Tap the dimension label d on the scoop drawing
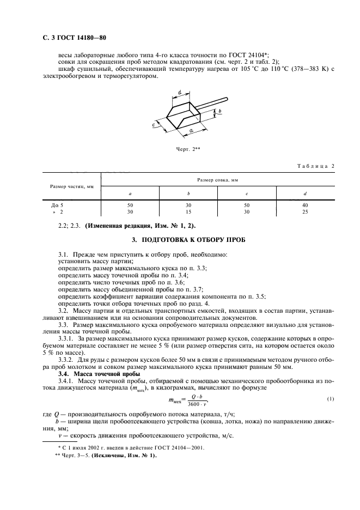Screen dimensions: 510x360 click(179, 93)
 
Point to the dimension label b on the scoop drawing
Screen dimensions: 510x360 click(220, 111)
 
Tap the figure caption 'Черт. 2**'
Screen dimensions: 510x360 click(187, 148)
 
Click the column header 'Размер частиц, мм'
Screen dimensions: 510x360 click(72, 186)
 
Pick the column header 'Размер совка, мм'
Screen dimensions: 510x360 click(218, 179)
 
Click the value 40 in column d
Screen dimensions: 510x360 click(304, 205)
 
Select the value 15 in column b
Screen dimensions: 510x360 click(188, 211)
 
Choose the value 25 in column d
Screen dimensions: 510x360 click(304, 211)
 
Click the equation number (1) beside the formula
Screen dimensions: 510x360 click(330, 399)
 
